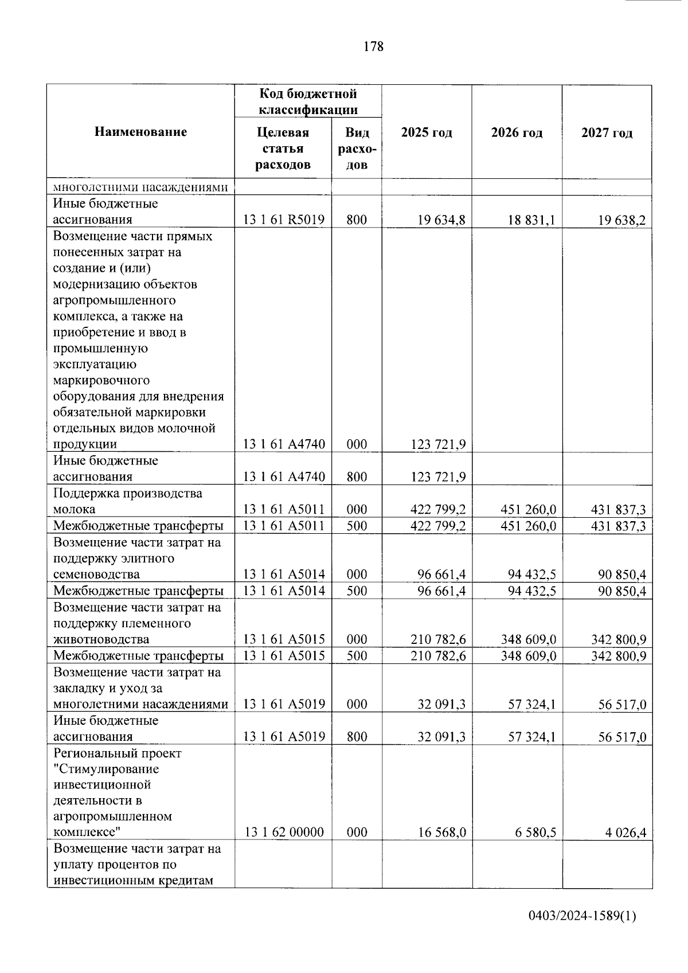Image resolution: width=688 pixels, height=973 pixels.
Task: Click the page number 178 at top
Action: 373,47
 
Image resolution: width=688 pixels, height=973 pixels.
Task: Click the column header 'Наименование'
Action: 140,132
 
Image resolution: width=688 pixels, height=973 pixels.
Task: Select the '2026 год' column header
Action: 517,133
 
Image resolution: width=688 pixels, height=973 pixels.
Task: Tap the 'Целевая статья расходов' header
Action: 283,149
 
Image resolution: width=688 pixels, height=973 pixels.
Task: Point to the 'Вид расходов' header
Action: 357,149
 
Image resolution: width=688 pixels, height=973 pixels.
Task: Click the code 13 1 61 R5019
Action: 284,220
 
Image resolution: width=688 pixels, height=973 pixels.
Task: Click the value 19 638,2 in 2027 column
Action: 622,220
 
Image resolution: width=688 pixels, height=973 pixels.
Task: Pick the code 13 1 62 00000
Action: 284,832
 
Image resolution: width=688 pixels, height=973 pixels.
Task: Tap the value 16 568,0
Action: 441,832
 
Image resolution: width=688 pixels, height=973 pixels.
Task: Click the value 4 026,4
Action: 626,832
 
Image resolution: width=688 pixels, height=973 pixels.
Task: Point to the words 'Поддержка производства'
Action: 127,493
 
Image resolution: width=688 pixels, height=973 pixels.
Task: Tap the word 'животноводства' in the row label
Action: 101,639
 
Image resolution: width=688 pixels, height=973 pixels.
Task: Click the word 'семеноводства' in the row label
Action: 96,575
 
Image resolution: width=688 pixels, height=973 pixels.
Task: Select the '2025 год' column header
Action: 427,133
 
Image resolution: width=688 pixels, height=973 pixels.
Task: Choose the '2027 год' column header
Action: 607,133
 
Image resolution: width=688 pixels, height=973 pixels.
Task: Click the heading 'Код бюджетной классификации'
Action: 308,101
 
